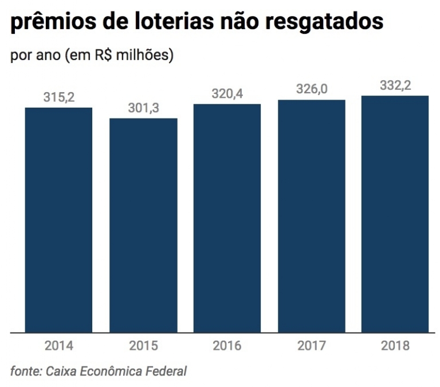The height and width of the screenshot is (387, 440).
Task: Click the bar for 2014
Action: [58, 220]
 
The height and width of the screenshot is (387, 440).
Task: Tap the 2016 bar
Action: [227, 218]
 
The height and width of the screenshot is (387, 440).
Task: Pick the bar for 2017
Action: [312, 216]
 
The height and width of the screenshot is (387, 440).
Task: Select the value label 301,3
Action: [143, 108]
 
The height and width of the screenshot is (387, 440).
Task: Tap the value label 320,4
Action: [227, 94]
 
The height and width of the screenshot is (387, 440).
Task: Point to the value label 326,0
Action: [312, 89]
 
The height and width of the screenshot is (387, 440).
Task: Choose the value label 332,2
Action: [396, 85]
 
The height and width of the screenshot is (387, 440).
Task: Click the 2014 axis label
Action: [58, 346]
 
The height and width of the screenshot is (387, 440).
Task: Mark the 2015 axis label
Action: [143, 346]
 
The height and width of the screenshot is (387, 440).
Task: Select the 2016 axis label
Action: [227, 346]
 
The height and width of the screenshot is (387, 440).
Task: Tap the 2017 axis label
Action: [312, 346]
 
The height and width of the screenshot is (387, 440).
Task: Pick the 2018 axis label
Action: [396, 346]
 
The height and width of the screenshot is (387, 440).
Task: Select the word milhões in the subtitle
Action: [143, 56]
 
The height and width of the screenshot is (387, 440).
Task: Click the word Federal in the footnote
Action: [166, 371]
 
